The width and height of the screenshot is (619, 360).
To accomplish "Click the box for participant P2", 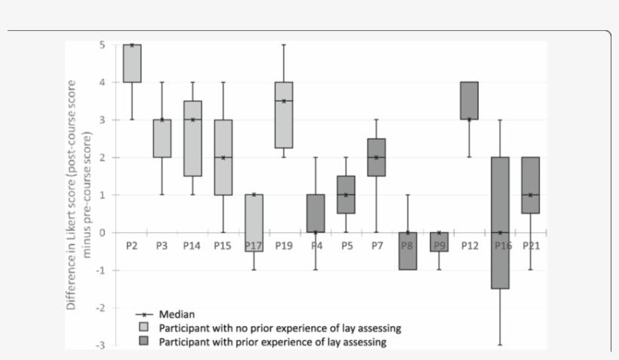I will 132,63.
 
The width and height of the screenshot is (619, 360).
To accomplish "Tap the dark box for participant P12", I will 469,100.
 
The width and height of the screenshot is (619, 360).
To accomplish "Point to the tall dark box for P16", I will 499,223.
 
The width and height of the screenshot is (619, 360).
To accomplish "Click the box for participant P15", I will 223,157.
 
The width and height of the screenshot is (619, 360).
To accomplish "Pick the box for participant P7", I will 376,157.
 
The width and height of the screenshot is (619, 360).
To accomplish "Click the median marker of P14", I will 192,120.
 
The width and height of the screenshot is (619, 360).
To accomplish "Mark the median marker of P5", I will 346,195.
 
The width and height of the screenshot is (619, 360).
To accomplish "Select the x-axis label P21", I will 531,245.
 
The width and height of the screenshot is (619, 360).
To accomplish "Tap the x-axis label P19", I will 283,245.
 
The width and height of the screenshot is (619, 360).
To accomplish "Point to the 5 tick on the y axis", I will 102,45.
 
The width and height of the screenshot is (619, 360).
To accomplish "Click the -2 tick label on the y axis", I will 100,308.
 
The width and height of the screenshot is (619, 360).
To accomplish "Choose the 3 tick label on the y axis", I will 102,120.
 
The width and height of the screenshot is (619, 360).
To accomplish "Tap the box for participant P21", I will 530,185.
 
